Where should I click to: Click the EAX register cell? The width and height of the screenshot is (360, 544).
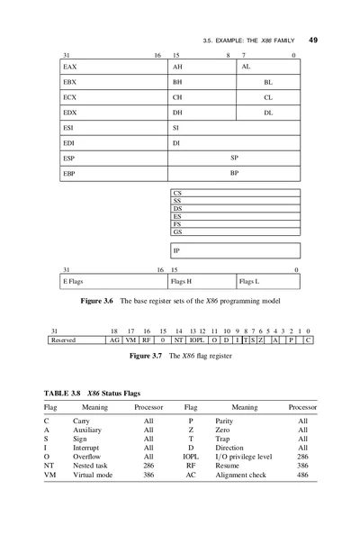click(x=113, y=68)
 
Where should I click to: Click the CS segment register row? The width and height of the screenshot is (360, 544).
click(x=235, y=192)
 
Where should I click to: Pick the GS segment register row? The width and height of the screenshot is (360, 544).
click(x=235, y=232)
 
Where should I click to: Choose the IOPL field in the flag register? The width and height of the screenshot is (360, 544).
click(x=196, y=340)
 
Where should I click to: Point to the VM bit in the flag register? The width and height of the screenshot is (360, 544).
click(x=130, y=340)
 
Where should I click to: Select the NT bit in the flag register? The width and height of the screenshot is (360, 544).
click(x=178, y=340)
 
